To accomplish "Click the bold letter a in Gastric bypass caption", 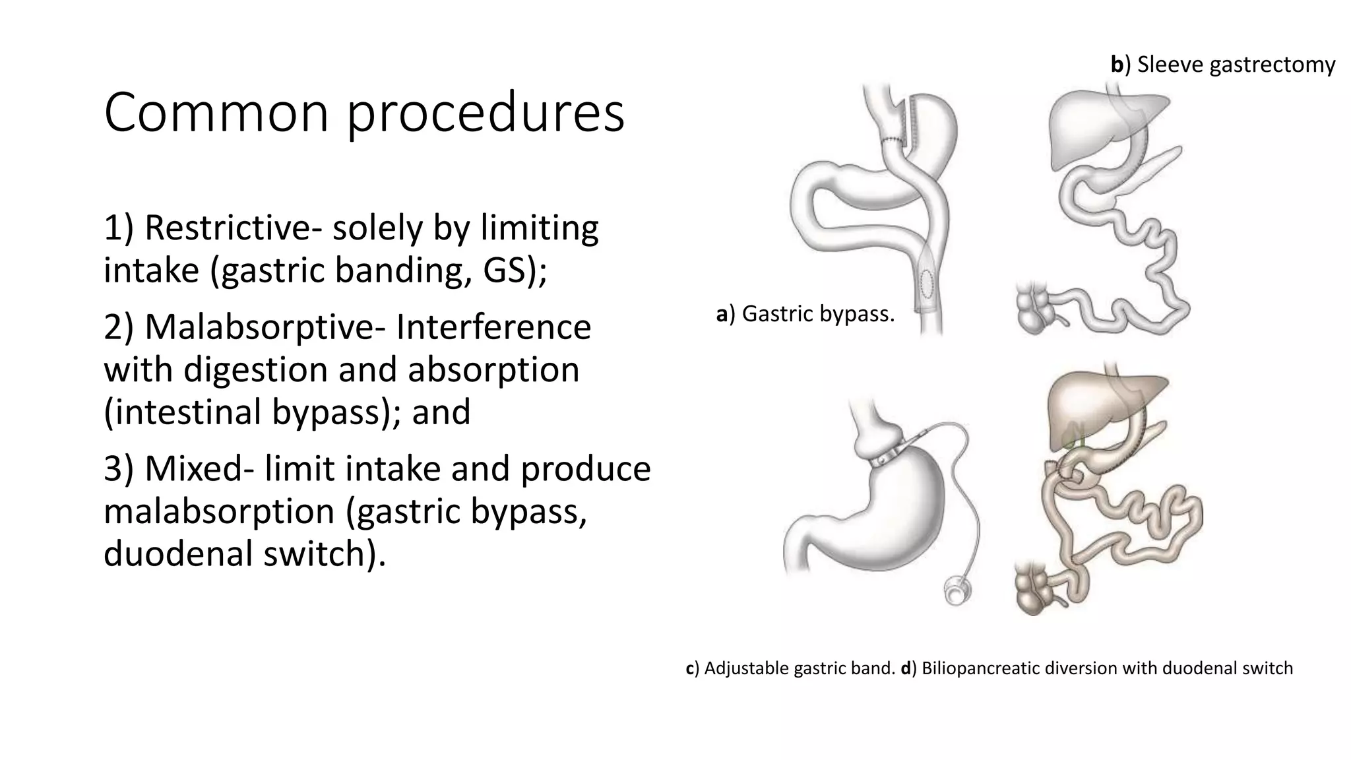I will point(722,315).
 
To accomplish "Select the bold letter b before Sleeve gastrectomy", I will point(1117,65).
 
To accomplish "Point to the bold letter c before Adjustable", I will point(690,668).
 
